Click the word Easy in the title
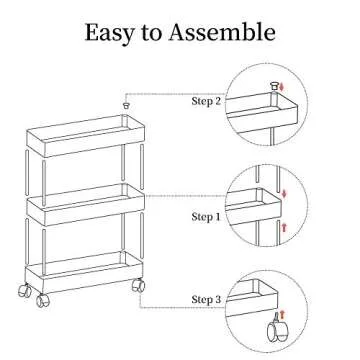tap(112, 32)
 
